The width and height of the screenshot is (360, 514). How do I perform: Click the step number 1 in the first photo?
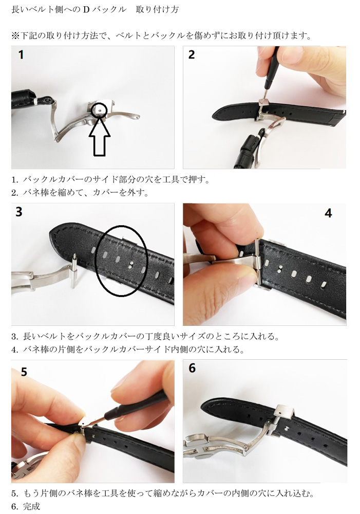pyautogui.click(x=21, y=54)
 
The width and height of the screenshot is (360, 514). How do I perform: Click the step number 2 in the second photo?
pyautogui.click(x=192, y=54)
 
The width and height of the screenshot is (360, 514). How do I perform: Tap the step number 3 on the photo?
pyautogui.click(x=19, y=212)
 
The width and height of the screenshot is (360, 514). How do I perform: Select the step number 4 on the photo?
pyautogui.click(x=328, y=213)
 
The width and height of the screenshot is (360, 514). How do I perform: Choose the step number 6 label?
pyautogui.click(x=192, y=369)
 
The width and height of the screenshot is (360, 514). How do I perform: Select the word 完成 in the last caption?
pyautogui.click(x=31, y=506)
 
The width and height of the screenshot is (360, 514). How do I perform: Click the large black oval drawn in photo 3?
pyautogui.click(x=122, y=261)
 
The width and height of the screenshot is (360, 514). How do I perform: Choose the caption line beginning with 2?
pyautogui.click(x=80, y=193)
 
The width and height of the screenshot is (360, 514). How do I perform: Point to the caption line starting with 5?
pyautogui.click(x=162, y=493)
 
